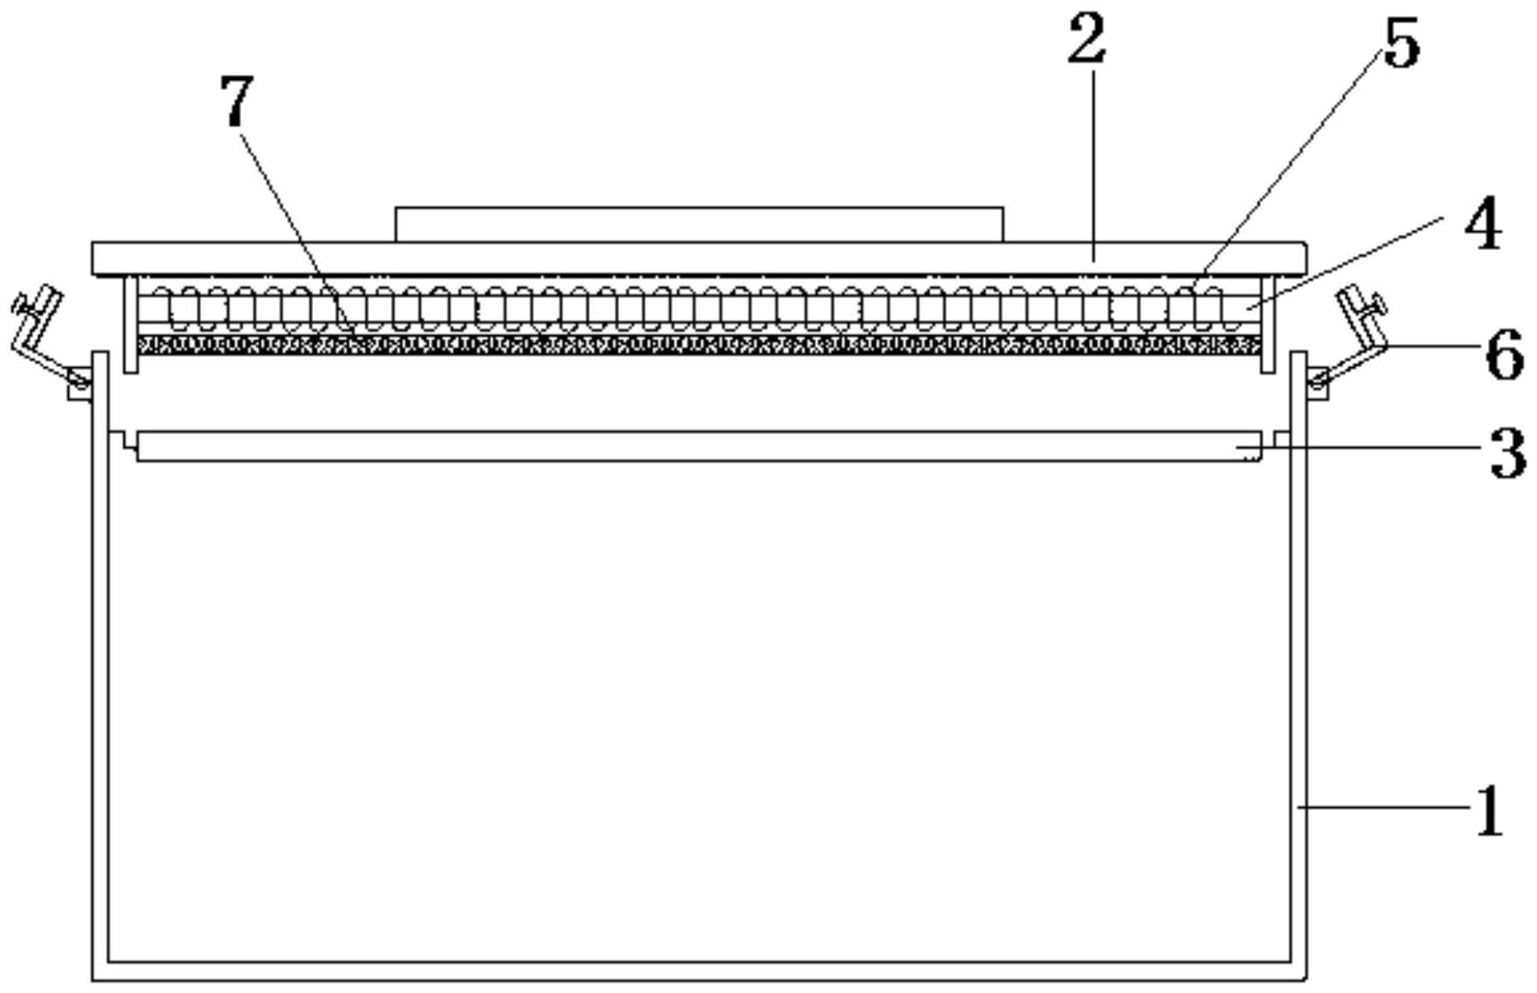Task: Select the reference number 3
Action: (x=1507, y=453)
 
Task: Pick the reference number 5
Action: (x=1401, y=45)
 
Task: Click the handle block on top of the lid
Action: (x=698, y=224)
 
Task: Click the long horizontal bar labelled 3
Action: (x=698, y=446)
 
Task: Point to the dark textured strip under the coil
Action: (x=698, y=346)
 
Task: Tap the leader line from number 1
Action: (x=1385, y=806)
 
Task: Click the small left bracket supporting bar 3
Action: (x=126, y=440)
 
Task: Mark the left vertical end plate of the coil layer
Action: (x=131, y=324)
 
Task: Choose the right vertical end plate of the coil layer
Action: (x=1267, y=324)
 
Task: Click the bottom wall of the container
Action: (x=698, y=972)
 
